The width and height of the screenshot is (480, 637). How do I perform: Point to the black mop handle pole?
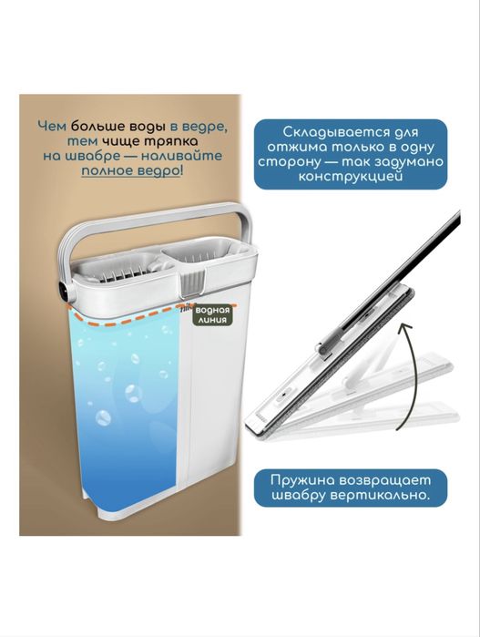[x=428, y=256]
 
